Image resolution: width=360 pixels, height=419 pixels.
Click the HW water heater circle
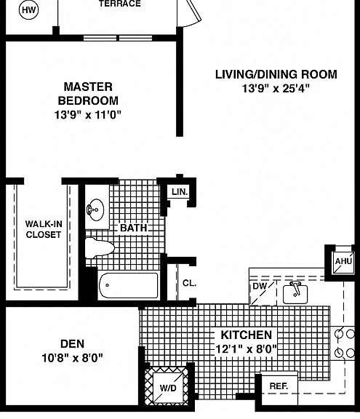tap(29, 10)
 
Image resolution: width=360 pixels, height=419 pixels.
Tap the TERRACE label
tap(120, 4)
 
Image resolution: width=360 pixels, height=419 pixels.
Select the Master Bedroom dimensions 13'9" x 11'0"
tap(88, 115)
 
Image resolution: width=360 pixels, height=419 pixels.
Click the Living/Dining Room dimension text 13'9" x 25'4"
tap(276, 88)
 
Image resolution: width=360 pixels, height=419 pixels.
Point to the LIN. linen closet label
tap(180, 191)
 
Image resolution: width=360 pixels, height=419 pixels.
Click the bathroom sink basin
tap(95, 209)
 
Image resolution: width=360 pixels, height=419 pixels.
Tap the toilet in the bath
tap(100, 248)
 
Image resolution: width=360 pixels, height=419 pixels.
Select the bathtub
tap(129, 285)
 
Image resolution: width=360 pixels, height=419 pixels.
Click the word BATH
tap(134, 228)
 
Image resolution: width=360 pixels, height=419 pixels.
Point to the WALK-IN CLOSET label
tap(44, 229)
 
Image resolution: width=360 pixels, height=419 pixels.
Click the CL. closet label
tap(189, 283)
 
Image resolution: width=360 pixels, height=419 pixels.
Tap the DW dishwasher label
tap(260, 286)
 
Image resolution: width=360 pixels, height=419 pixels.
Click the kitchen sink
tap(295, 294)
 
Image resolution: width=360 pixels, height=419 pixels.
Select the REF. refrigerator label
tap(279, 386)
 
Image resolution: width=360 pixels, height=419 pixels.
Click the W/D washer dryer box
tap(168, 388)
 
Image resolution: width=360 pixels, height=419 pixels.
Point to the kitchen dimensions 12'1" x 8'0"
tap(246, 349)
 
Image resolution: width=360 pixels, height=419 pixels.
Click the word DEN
tap(73, 344)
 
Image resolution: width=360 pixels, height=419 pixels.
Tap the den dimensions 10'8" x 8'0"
tap(73, 358)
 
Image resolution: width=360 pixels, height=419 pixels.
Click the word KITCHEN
tap(247, 335)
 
